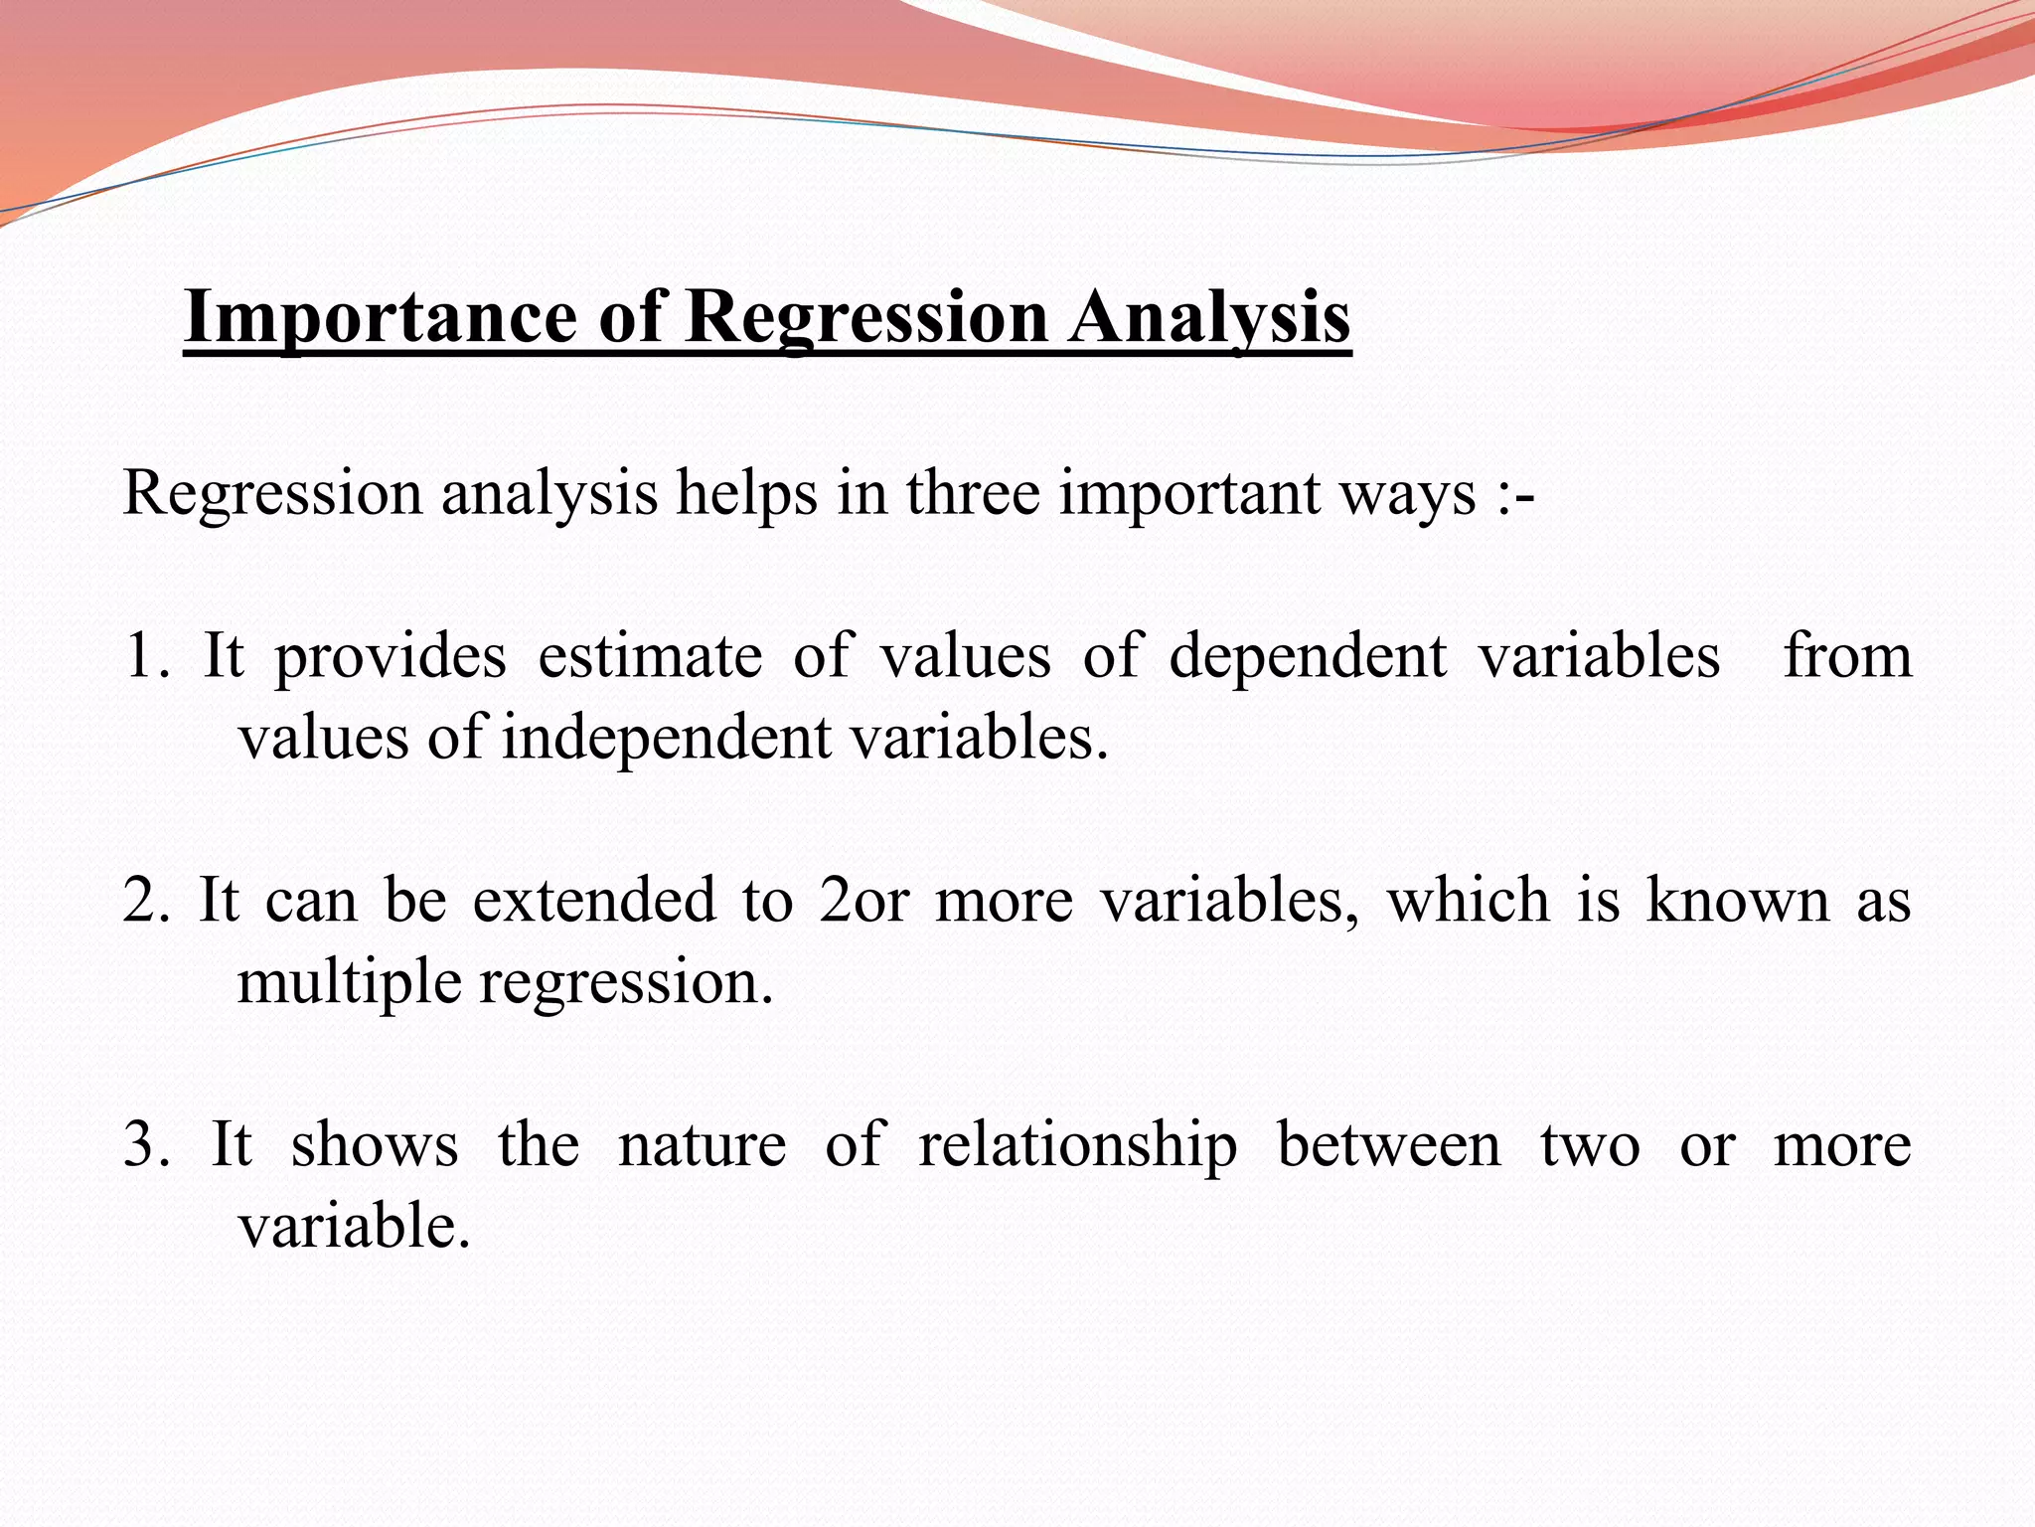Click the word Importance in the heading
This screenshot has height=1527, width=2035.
point(380,317)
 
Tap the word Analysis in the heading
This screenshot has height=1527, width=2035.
point(1209,317)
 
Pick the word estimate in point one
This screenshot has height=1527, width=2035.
point(650,656)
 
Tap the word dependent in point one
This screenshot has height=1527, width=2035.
point(1307,656)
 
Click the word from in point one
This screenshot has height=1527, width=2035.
point(1847,656)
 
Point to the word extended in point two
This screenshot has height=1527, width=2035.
point(593,900)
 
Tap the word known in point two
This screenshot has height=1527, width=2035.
point(1737,900)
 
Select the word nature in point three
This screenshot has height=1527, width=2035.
point(702,1144)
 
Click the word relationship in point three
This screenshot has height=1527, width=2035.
point(1077,1144)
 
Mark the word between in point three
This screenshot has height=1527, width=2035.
point(1388,1144)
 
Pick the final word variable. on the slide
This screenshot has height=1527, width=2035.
point(354,1226)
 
